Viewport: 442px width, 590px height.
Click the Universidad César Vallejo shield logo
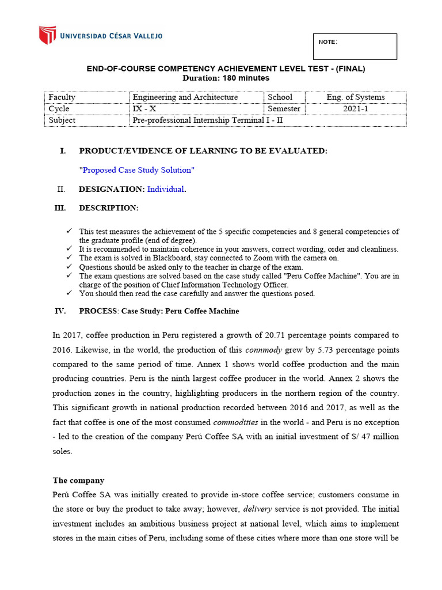(x=47, y=35)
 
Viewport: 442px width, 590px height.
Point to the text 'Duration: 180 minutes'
(x=226, y=78)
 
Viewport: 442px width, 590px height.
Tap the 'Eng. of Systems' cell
(x=355, y=97)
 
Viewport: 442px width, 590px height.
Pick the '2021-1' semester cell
(x=355, y=109)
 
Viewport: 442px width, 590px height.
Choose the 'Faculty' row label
(x=62, y=97)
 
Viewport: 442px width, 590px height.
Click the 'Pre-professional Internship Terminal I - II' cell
(x=208, y=120)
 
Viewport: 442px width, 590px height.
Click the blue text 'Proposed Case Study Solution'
(x=137, y=170)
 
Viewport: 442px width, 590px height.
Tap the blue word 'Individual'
(x=166, y=189)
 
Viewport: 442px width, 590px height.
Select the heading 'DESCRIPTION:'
(x=109, y=208)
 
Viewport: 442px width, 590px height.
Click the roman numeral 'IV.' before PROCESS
(x=60, y=311)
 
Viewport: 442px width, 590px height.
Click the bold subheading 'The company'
(x=78, y=480)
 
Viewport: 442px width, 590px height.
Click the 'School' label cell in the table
(x=280, y=97)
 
